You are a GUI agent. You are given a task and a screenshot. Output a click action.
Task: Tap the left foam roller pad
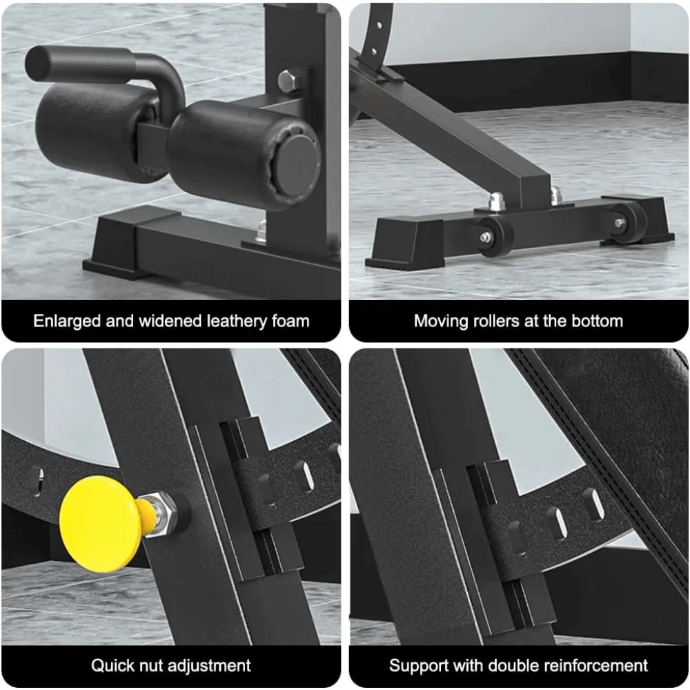click(x=93, y=131)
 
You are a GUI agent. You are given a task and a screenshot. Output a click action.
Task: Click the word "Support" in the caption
click(x=417, y=666)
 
